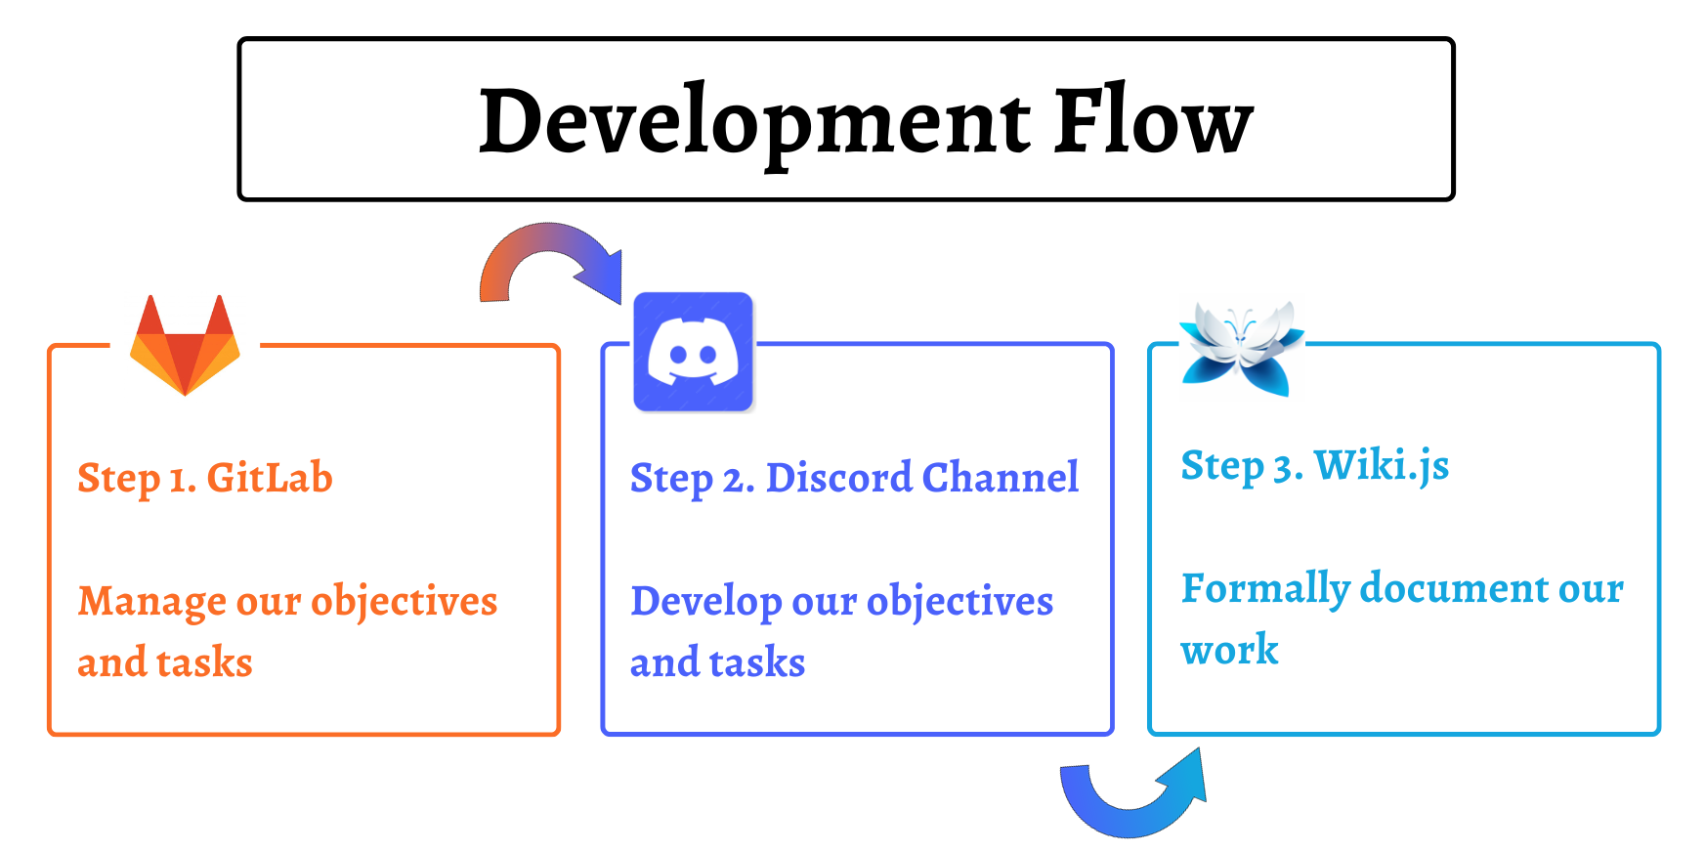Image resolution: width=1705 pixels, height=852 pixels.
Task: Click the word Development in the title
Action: tap(754, 123)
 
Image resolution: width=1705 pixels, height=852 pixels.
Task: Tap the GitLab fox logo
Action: tap(185, 345)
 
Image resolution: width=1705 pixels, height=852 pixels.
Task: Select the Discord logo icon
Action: tap(694, 352)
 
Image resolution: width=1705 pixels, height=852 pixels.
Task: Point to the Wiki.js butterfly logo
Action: tap(1241, 347)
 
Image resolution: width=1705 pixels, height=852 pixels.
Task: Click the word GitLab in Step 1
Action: tap(270, 478)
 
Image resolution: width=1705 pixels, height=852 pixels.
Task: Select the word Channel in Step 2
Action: tap(1001, 478)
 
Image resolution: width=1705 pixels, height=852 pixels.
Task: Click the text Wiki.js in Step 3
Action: tap(1382, 466)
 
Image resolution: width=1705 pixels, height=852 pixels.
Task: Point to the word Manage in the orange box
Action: tap(151, 603)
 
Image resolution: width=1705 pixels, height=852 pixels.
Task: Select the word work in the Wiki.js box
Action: tap(1229, 651)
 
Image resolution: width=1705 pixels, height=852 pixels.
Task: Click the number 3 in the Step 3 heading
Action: tap(1286, 469)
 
